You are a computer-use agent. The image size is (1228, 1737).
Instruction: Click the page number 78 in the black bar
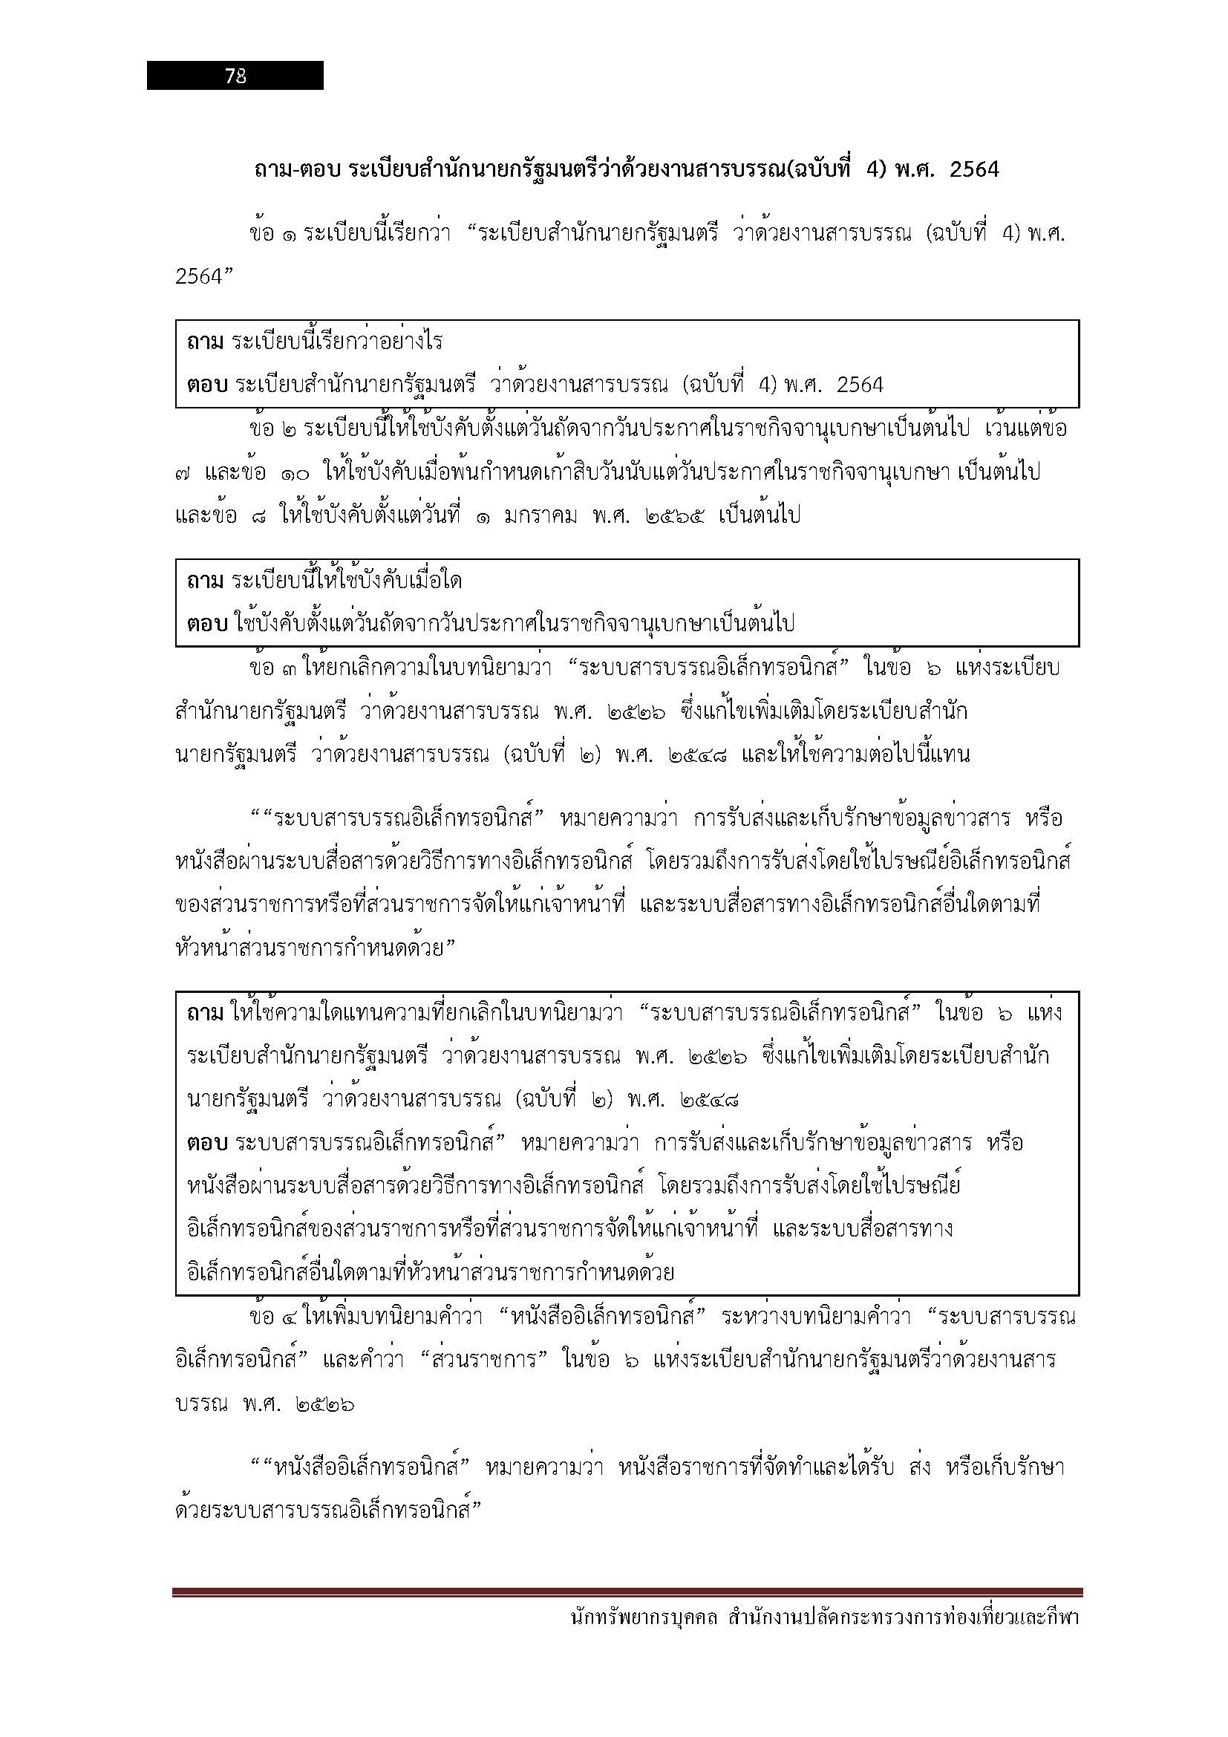coord(235,76)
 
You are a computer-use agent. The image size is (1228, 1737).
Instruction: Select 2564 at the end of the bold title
coord(974,169)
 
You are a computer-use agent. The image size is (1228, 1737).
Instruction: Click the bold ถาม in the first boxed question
coord(205,342)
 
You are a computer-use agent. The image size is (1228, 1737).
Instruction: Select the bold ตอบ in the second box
coord(207,624)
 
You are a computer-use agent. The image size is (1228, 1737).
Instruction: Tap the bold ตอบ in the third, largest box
coord(207,1142)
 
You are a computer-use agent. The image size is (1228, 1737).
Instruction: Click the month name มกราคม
coord(541,516)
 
